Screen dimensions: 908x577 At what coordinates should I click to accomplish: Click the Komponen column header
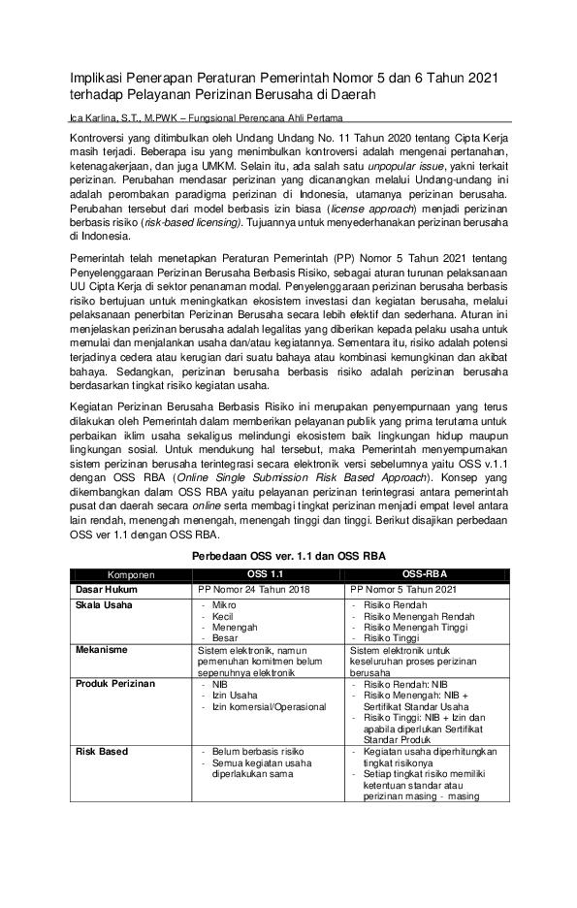[131, 573]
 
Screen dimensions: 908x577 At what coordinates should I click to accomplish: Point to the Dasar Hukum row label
[107, 588]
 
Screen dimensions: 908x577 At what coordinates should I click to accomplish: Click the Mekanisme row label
[103, 650]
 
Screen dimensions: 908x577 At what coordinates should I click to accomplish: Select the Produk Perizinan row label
[114, 684]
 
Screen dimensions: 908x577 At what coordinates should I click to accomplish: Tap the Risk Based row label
[102, 752]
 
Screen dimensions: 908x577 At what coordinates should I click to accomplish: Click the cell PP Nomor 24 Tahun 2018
[251, 588]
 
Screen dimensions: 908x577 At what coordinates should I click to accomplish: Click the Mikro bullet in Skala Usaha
[224, 604]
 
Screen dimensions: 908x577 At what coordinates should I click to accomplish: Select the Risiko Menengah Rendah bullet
[420, 616]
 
